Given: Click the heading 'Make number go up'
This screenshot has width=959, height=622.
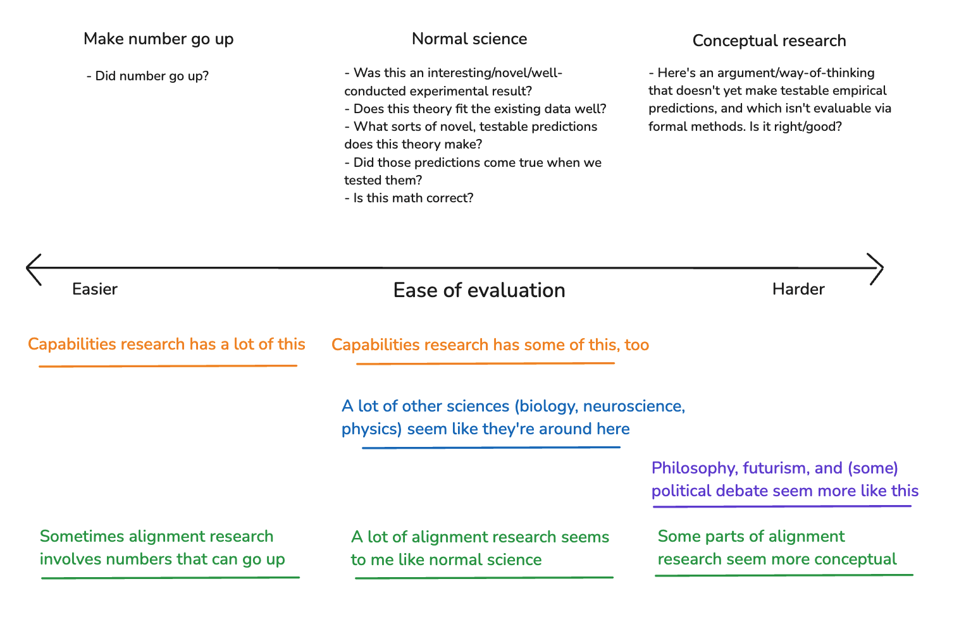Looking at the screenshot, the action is point(158,39).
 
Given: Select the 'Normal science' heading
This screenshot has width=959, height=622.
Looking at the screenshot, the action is point(469,39).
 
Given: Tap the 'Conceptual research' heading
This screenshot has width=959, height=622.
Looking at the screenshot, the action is point(769,40).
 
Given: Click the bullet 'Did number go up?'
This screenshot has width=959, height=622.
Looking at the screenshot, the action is point(147,76).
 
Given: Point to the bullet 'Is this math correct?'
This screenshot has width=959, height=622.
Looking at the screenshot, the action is point(409,198).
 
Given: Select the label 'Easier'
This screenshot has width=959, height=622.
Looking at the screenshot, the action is point(95,289).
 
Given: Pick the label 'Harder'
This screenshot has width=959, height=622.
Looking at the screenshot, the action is point(798,289).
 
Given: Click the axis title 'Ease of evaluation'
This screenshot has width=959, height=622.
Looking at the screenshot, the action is point(479,291).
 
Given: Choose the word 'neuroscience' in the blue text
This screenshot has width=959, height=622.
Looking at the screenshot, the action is point(634,406).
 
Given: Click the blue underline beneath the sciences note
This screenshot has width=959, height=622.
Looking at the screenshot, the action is point(491,448).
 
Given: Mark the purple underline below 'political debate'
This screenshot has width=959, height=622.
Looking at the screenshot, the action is point(782,506).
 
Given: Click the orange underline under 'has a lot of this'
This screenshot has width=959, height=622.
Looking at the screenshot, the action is point(168,366).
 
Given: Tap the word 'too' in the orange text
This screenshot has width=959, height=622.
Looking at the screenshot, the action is point(636,345).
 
